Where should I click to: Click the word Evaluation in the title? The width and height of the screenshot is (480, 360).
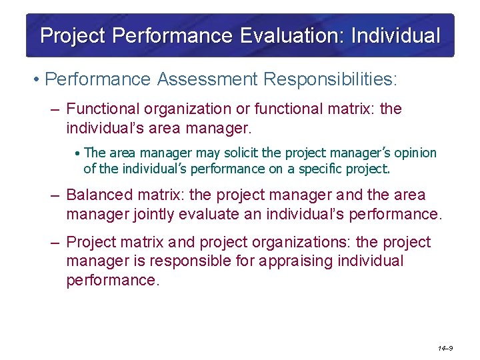click(289, 35)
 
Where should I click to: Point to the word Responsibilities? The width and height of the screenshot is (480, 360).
click(330, 80)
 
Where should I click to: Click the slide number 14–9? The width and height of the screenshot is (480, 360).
click(445, 348)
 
